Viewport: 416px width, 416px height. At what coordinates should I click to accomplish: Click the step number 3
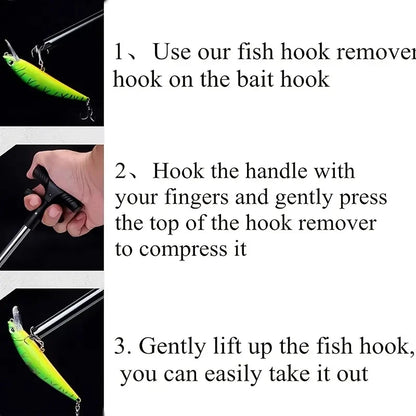click(120, 347)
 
